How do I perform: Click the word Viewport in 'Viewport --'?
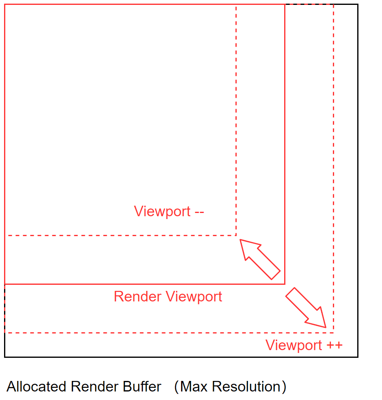click(162, 211)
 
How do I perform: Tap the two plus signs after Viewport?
click(333, 346)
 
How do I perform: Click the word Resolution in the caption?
click(246, 387)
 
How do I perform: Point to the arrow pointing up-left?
click(260, 258)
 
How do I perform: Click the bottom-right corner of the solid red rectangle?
click(285, 284)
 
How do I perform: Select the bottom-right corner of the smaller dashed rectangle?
click(236, 235)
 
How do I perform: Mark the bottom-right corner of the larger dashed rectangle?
click(333, 332)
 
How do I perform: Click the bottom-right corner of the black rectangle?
click(358, 357)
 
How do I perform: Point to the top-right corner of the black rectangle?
click(358, 4)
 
